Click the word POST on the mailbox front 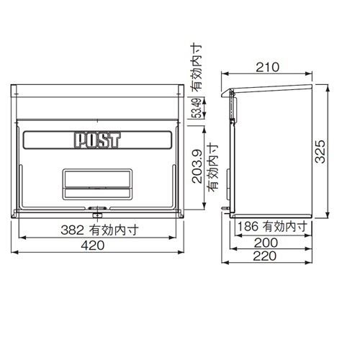pyautogui.click(x=96, y=139)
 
